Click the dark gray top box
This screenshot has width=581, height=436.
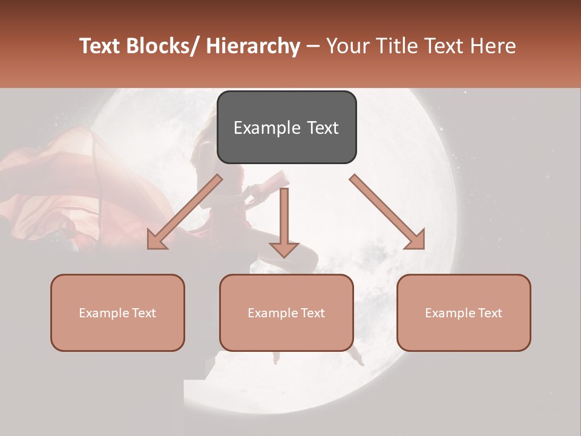pyautogui.click(x=286, y=127)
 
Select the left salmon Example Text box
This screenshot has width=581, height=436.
pyautogui.click(x=117, y=312)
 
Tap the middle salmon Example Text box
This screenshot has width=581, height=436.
pyautogui.click(x=286, y=312)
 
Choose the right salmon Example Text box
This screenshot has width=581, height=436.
pyautogui.click(x=464, y=312)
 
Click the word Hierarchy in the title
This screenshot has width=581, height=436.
pyautogui.click(x=253, y=46)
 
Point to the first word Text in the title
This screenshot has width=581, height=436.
pyautogui.click(x=99, y=46)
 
